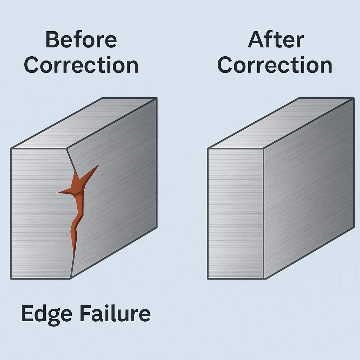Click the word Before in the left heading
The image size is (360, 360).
[81, 40]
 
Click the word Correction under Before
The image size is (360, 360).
[81, 65]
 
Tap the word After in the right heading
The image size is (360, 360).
[276, 39]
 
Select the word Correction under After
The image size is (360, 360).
[275, 65]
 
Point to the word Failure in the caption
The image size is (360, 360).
[115, 313]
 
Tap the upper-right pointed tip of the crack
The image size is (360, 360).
[99, 165]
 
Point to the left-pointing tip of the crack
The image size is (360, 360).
[57, 193]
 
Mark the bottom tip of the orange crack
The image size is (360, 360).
[74, 255]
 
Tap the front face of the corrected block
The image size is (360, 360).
[236, 213]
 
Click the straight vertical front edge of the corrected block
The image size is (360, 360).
[263, 213]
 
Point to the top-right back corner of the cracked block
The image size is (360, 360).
[157, 98]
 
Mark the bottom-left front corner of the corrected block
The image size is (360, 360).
[208, 279]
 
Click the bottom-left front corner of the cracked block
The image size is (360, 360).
[11, 279]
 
